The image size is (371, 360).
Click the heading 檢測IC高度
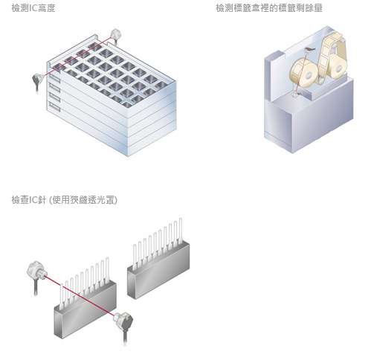pyautogui.click(x=33, y=8)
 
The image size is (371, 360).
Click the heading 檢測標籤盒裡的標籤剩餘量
pyautogui.click(x=269, y=8)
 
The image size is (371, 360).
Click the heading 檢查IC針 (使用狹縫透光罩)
pyautogui.click(x=64, y=200)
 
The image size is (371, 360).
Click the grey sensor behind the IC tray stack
pyautogui.click(x=115, y=35)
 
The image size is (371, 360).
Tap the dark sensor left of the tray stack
pyautogui.click(x=38, y=80)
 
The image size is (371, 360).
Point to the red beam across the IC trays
pyautogui.click(x=77, y=57)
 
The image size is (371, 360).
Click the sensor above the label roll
pyautogui.click(x=309, y=50)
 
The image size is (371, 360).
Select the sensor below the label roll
pyautogui.click(x=296, y=94)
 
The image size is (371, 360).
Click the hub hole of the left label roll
pyautogui.click(x=309, y=76)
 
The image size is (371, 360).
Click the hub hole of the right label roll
pyautogui.click(x=339, y=68)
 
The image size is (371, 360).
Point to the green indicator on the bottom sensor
pyautogui.click(x=127, y=318)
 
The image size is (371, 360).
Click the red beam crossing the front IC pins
pyautogui.click(x=79, y=295)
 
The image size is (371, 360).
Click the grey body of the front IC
pyautogui.click(x=85, y=309)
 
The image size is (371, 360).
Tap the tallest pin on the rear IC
pyautogui.click(x=181, y=231)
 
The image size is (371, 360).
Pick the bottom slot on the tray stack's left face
pyautogui.click(x=54, y=106)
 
